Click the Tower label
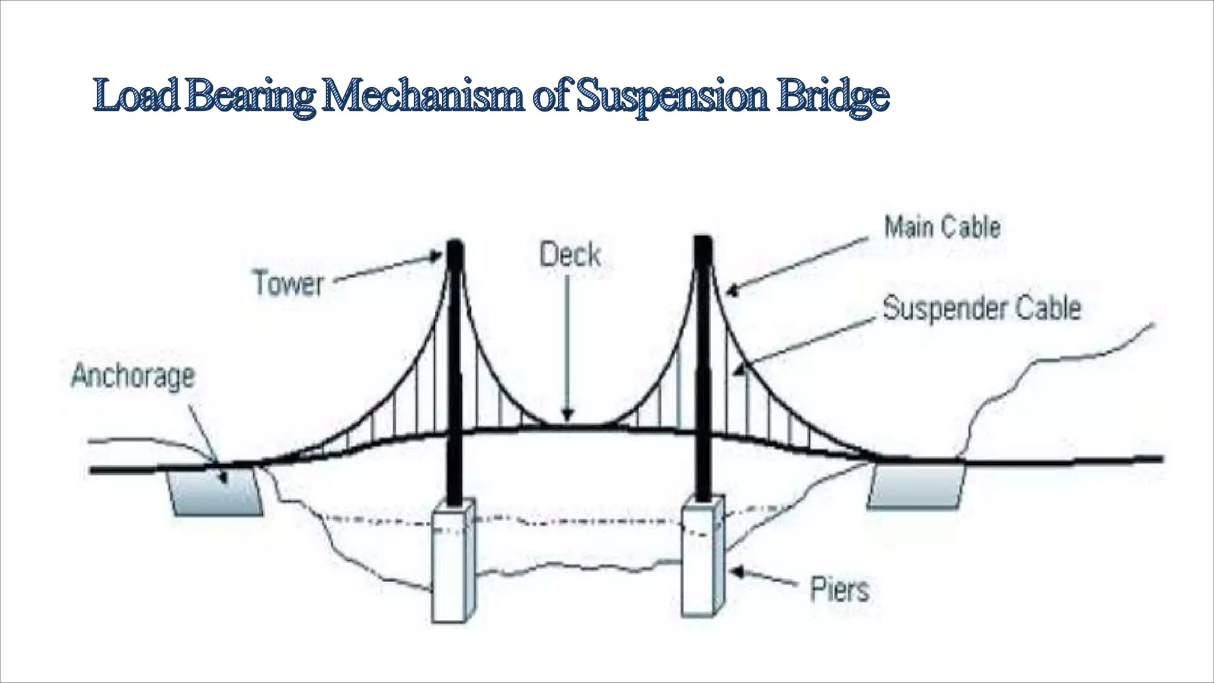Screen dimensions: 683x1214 (x=288, y=283)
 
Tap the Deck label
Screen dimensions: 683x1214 (x=570, y=256)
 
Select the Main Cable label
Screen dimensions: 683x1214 (x=942, y=228)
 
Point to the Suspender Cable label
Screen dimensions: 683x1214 (x=982, y=308)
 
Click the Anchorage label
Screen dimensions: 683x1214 (x=133, y=376)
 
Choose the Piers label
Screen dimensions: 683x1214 (x=839, y=589)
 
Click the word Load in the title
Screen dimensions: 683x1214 (x=136, y=96)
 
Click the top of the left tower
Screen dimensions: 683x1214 (x=455, y=244)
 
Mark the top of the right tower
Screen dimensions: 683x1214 (x=703, y=241)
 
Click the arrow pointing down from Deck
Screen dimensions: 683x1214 (x=568, y=350)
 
